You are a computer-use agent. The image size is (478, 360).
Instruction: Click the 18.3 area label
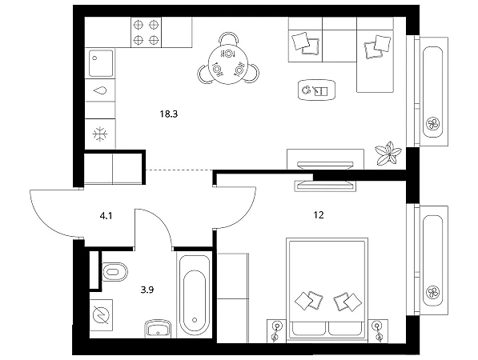pyautogui.click(x=169, y=114)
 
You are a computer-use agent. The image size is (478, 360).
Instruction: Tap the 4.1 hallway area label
pyautogui.click(x=106, y=216)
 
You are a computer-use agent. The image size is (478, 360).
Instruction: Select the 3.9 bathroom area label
pyautogui.click(x=147, y=290)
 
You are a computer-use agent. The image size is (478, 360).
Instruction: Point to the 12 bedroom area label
pyautogui.click(x=319, y=215)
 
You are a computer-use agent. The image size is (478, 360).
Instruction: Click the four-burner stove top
pyautogui.click(x=146, y=32)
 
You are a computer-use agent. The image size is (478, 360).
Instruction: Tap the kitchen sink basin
pyautogui.click(x=101, y=63)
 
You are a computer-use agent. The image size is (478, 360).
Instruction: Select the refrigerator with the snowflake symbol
pyautogui.click(x=100, y=134)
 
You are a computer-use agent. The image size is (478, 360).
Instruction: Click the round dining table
pyautogui.click(x=227, y=65)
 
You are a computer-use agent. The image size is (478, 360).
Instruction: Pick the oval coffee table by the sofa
pyautogui.click(x=316, y=90)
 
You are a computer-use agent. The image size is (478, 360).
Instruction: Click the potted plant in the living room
pyautogui.click(x=388, y=154)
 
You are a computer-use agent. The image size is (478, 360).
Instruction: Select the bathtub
pyautogui.click(x=195, y=295)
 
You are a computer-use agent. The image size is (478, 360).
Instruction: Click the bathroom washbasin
pyautogui.click(x=158, y=328)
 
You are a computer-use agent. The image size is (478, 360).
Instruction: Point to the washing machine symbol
pyautogui.click(x=101, y=315)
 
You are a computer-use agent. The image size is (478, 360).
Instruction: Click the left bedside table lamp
pyautogui.click(x=276, y=330)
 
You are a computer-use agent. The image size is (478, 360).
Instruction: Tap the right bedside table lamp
pyautogui.click(x=378, y=330)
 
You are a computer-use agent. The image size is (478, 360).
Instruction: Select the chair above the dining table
pyautogui.click(x=229, y=39)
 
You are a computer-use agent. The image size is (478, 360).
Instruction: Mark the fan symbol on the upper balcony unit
pyautogui.click(x=432, y=124)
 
